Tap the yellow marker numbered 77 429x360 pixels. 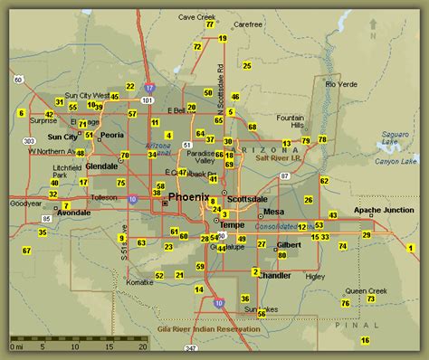(x=210, y=25)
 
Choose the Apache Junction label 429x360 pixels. (x=383, y=210)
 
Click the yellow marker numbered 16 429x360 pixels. (x=365, y=340)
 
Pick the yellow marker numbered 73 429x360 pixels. (x=370, y=298)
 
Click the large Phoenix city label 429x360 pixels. (x=188, y=196)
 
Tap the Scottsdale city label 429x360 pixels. (x=245, y=198)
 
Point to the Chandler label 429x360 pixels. (x=274, y=275)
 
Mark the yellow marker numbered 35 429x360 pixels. (x=42, y=232)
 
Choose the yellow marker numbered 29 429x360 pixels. (x=366, y=234)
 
